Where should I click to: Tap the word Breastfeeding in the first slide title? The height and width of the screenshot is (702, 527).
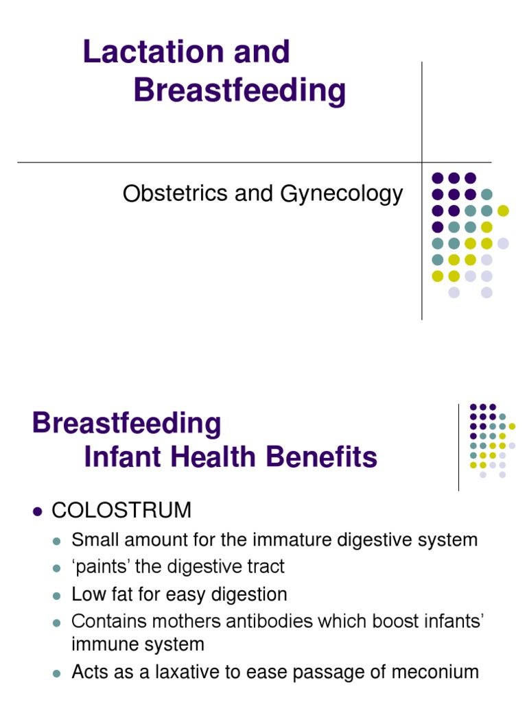point(239,91)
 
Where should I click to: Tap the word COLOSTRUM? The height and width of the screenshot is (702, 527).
point(121,510)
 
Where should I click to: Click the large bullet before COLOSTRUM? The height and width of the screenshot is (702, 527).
point(38,511)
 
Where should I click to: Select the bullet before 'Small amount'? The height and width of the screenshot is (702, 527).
point(58,541)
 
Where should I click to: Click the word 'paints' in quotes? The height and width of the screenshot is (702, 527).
point(100,567)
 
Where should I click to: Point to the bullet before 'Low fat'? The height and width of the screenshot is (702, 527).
point(58,594)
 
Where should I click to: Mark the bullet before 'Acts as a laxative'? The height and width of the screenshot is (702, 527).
point(58,673)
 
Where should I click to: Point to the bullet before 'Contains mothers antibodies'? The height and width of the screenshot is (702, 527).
point(58,622)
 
